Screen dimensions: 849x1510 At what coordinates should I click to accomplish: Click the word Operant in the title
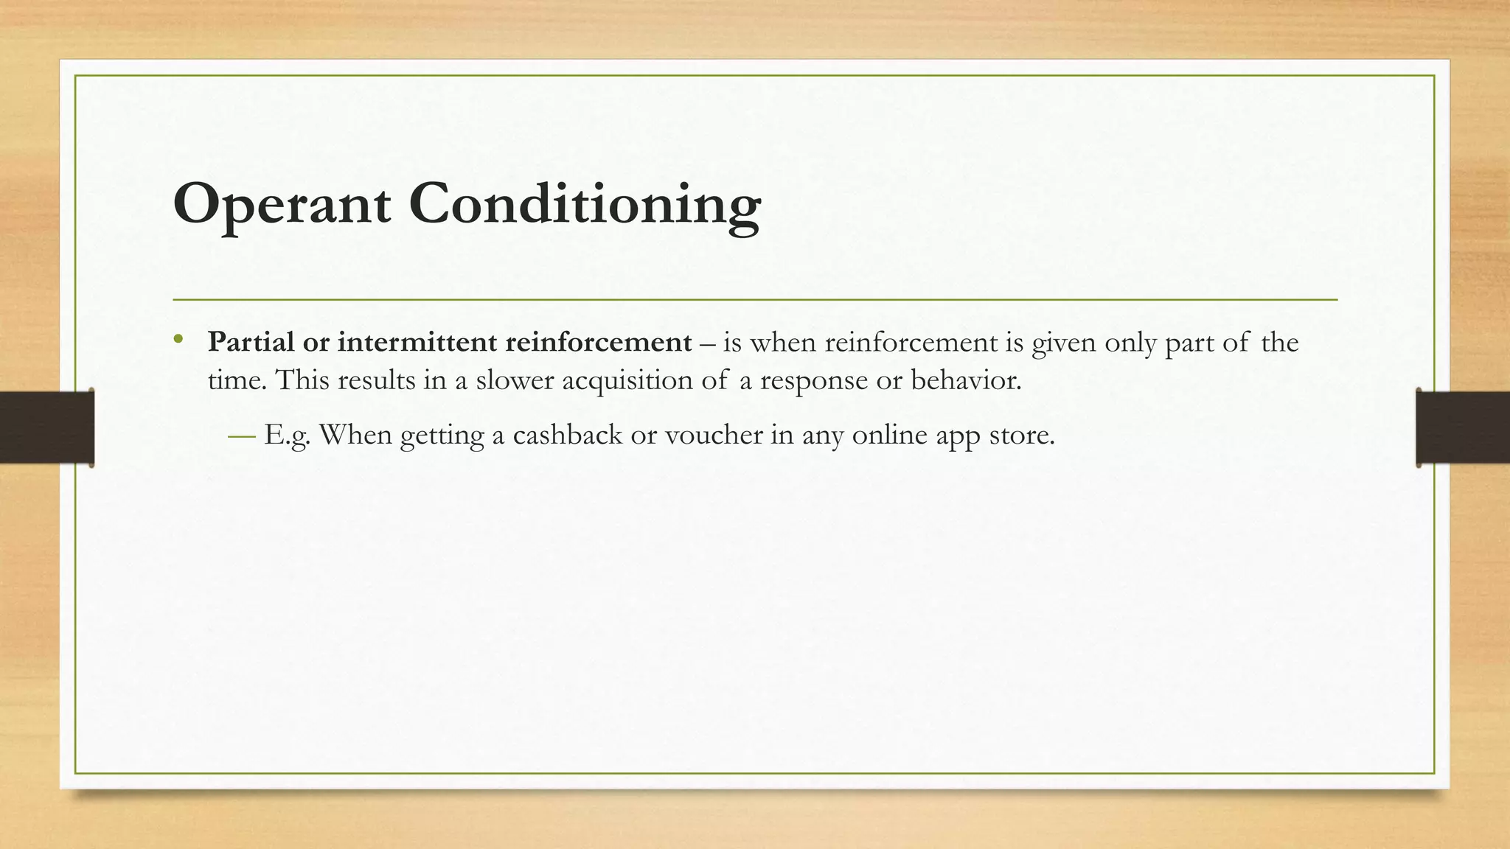282,204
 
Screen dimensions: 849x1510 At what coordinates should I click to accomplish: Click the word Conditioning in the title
585,204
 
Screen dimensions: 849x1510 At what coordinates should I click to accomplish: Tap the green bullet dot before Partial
178,340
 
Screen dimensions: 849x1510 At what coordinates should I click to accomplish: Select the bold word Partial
251,342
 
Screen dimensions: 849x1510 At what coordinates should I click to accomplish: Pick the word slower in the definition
515,380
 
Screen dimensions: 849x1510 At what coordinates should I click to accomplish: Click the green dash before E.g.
242,436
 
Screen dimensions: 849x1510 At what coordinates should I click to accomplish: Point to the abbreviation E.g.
287,436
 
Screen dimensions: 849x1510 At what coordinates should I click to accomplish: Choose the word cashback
567,435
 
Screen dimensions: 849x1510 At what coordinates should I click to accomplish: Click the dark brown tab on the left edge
46,427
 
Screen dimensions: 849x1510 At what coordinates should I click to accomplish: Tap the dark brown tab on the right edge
1463,427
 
